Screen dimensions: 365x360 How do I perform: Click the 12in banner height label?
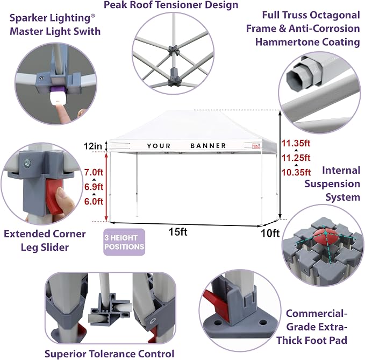[x=93, y=146]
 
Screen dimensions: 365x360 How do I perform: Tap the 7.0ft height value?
[x=94, y=172]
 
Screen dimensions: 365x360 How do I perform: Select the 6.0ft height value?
[x=94, y=201]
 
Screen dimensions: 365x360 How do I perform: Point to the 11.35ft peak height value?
[x=296, y=143]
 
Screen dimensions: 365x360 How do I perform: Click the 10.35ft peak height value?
[x=296, y=172]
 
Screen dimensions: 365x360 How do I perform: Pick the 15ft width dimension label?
[x=178, y=232]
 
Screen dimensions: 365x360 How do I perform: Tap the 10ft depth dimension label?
[x=270, y=233]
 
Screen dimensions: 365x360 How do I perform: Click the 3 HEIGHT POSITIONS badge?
[x=124, y=242]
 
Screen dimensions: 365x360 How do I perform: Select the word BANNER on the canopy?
[x=208, y=146]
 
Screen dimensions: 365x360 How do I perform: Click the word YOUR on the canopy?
[x=159, y=146]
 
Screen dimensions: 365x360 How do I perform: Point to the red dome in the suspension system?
[x=324, y=236]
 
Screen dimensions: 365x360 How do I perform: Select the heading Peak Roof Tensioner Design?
[x=171, y=5]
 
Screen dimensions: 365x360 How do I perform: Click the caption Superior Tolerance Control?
[x=110, y=354]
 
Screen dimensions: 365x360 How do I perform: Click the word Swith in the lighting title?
[x=87, y=31]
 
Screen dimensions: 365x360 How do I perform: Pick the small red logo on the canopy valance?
[x=256, y=146]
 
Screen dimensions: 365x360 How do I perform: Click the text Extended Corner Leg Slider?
[x=45, y=241]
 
